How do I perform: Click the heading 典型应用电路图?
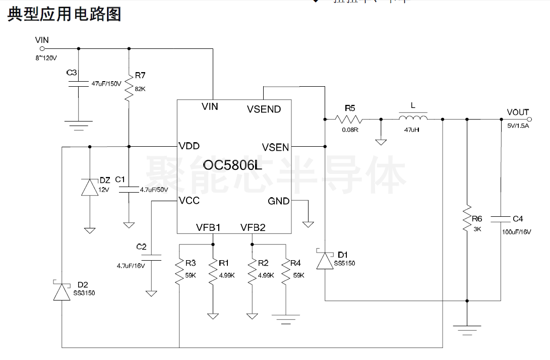(x=64, y=14)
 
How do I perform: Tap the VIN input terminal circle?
(x=42, y=49)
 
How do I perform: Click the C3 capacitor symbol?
(x=79, y=84)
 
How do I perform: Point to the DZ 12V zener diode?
(x=90, y=188)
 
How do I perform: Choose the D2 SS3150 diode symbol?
(x=62, y=291)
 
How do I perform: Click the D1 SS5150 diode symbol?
(x=325, y=260)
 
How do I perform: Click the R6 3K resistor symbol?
(x=467, y=218)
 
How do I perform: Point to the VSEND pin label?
(x=264, y=109)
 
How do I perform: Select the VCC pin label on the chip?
(x=189, y=201)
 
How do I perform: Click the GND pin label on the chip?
(x=278, y=201)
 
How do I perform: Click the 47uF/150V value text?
(x=106, y=84)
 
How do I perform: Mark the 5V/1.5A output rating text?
(x=518, y=127)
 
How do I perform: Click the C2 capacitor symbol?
(x=151, y=257)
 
